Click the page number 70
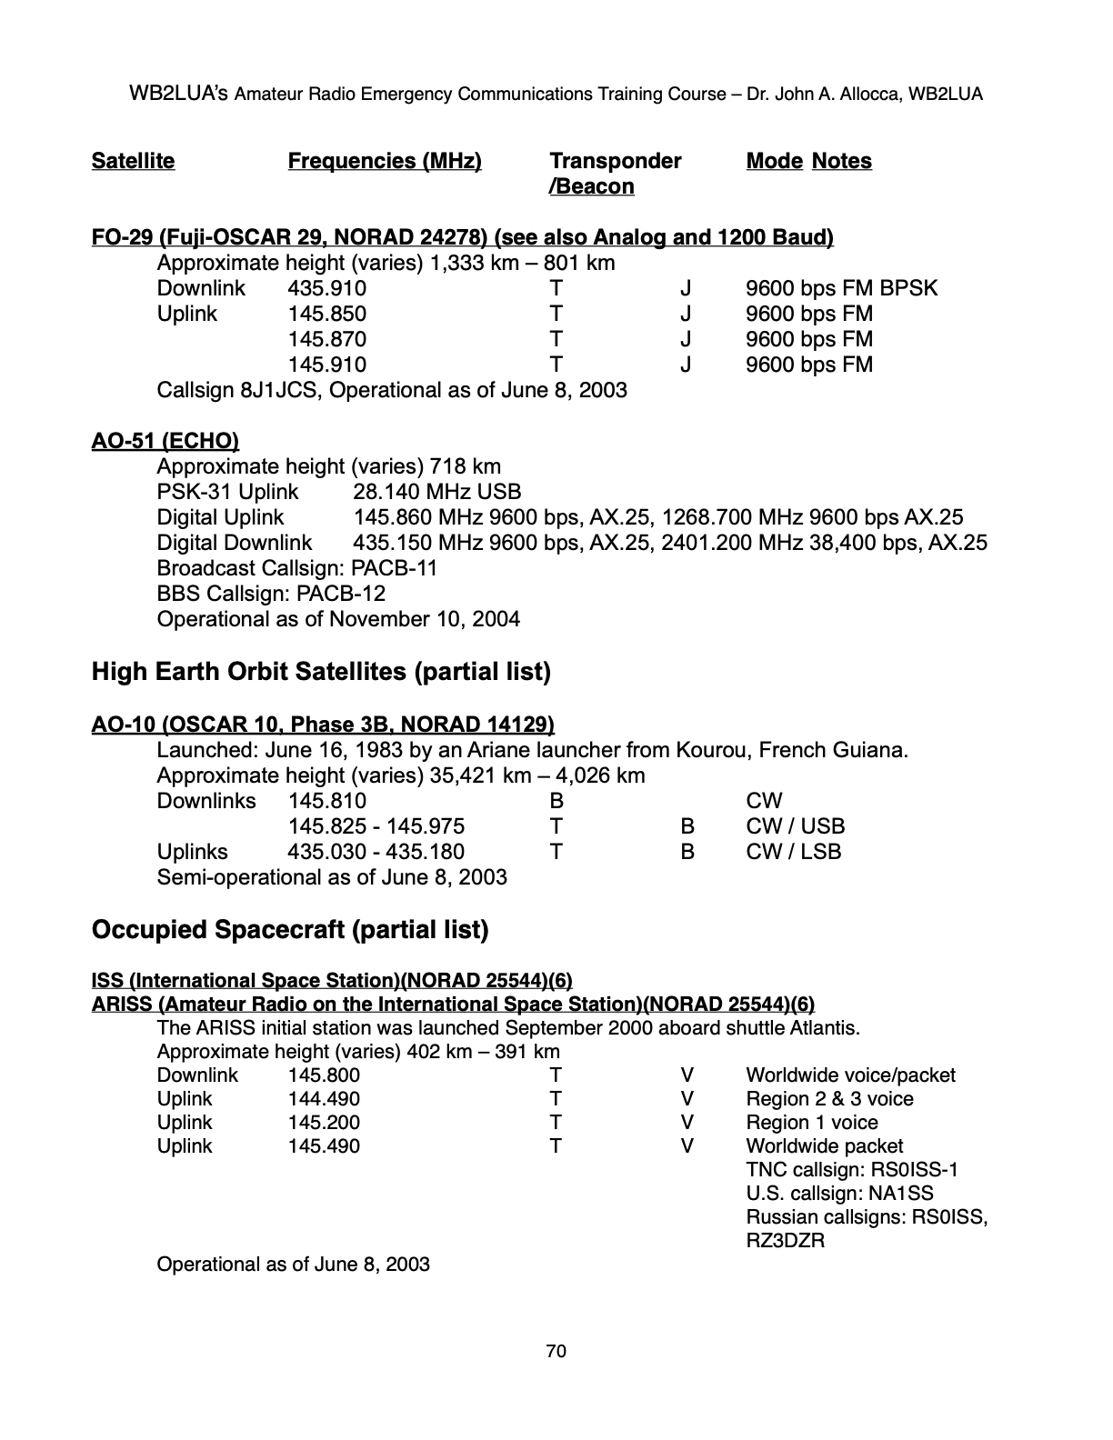click(556, 1352)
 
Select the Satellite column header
click(133, 161)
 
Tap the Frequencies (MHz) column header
click(385, 161)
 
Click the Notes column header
click(841, 161)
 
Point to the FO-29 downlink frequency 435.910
click(327, 288)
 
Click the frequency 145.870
click(327, 339)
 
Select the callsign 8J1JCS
click(275, 390)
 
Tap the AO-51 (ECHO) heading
click(165, 441)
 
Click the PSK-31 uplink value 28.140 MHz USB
click(436, 492)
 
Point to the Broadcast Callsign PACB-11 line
click(297, 568)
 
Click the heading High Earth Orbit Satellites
click(321, 672)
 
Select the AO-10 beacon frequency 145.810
click(327, 801)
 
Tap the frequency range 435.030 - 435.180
click(376, 852)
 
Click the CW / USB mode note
click(795, 826)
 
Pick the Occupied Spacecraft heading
click(290, 930)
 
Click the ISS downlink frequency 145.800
click(324, 1075)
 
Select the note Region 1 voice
click(811, 1123)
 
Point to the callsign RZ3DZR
click(785, 1241)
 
